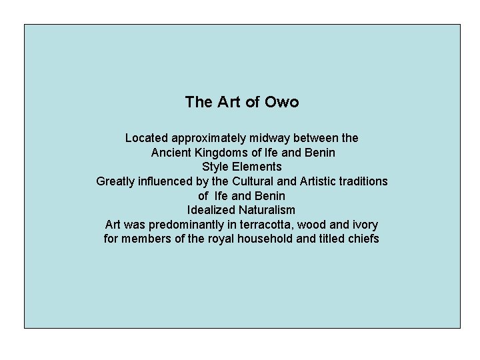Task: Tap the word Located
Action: (x=147, y=138)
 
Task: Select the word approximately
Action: (x=209, y=138)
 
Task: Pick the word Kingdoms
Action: (x=223, y=153)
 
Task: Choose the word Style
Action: (x=215, y=167)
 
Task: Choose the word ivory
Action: (x=363, y=225)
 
